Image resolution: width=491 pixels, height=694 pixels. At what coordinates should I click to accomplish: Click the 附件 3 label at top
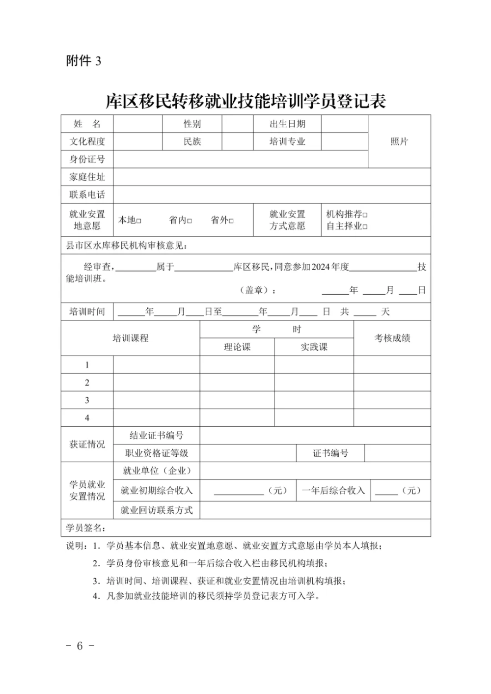pos(83,61)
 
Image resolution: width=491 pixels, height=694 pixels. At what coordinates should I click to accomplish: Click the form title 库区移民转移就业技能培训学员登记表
pos(245,101)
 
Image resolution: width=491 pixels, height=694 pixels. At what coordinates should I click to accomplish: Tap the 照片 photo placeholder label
pos(399,141)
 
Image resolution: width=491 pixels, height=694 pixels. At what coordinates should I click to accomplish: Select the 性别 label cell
pos(192,124)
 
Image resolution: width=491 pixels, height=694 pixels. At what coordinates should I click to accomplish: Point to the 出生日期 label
pos(287,124)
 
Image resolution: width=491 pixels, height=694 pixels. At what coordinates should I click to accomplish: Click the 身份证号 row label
pos(87,159)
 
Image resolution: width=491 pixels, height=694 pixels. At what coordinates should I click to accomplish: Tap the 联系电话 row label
pos(87,194)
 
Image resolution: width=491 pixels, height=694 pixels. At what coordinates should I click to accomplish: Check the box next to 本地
pos(139,221)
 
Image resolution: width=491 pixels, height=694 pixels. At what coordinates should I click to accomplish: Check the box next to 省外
pos(231,221)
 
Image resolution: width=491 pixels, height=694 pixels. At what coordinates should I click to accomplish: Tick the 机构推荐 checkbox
pos(365,215)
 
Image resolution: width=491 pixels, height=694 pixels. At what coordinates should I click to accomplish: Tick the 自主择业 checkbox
pos(365,227)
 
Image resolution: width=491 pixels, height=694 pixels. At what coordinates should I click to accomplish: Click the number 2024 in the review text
pos(321,267)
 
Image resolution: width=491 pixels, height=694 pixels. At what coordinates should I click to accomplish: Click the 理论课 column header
pos(237,347)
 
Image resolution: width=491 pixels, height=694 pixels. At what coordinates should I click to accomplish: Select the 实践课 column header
pos(314,347)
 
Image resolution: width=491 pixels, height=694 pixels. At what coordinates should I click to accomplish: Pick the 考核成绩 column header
pos(392,338)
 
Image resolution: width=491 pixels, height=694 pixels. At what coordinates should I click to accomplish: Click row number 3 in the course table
pos(87,400)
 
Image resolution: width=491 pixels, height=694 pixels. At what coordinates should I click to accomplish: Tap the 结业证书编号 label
pos(156,435)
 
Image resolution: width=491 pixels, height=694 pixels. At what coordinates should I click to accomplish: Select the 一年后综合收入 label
pos(333,490)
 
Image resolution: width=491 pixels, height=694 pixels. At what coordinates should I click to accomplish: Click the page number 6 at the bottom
pos(80,646)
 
